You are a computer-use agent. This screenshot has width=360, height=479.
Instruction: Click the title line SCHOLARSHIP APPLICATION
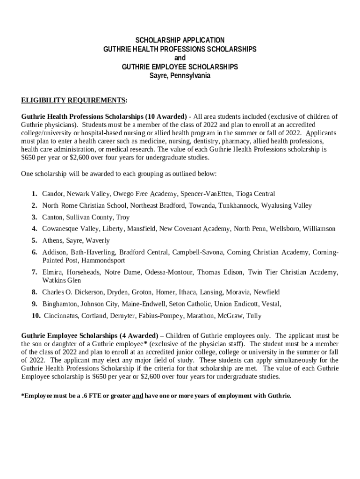click(x=180, y=40)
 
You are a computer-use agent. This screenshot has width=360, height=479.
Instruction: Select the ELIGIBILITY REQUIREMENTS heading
click(x=73, y=100)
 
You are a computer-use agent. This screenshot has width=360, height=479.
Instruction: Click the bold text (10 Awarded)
click(x=166, y=116)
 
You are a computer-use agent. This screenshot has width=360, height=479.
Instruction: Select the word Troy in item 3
click(x=122, y=217)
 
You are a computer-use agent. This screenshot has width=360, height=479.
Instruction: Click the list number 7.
click(x=35, y=272)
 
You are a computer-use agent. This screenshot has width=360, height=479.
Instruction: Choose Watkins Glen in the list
click(x=61, y=280)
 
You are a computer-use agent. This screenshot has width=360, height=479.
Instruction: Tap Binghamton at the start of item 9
click(x=60, y=304)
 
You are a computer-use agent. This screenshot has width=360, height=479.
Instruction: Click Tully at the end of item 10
click(x=253, y=316)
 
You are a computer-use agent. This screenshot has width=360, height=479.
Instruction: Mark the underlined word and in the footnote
click(x=137, y=396)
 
